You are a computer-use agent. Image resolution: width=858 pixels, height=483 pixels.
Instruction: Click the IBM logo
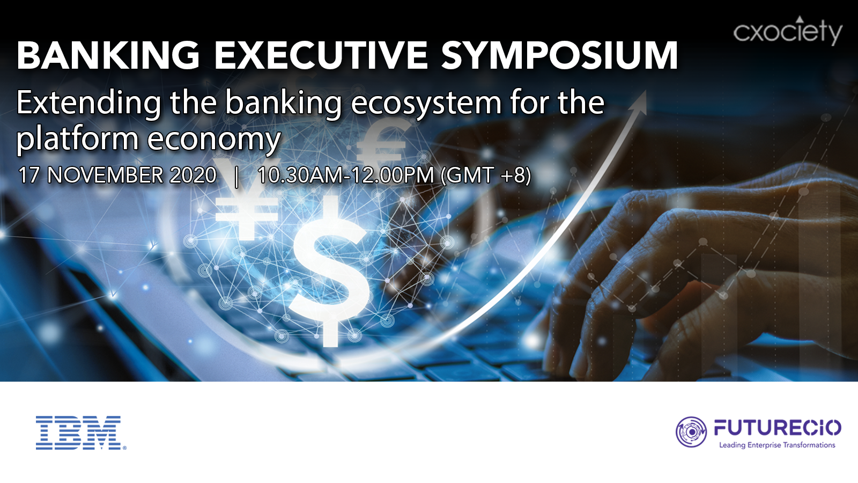pos(81,433)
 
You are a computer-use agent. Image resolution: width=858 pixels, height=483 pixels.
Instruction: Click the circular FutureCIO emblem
pos(691,432)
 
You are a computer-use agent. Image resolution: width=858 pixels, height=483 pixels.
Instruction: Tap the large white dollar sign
pos(329,271)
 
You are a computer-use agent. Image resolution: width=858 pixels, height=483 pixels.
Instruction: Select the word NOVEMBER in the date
pos(105,175)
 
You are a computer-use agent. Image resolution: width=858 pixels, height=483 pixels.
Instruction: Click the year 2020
pos(193,175)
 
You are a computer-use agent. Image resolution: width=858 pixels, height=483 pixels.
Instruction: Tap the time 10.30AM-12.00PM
pos(345,175)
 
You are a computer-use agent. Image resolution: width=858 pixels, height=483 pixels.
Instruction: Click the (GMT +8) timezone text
pos(486,176)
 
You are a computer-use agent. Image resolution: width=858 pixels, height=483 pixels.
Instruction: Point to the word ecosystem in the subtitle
pos(426,104)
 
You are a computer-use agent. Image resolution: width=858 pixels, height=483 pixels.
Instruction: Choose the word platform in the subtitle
pos(77,138)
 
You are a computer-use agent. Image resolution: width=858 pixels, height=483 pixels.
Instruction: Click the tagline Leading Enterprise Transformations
pos(777,445)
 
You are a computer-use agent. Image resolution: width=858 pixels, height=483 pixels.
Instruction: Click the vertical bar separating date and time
pos(236,177)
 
